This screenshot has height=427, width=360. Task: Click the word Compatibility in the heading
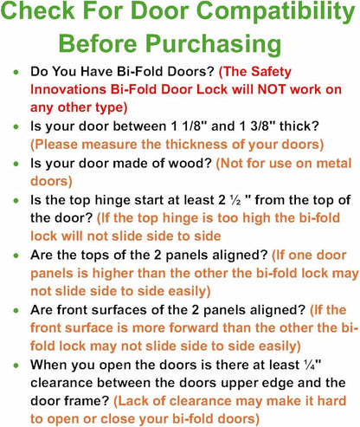pyautogui.click(x=276, y=11)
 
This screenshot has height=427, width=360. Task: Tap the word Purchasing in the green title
pyautogui.click(x=213, y=44)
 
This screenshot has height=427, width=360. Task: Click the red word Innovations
pyautogui.click(x=68, y=89)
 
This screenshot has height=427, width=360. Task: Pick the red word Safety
pyautogui.click(x=271, y=72)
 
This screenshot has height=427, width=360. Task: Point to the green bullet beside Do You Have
pyautogui.click(x=16, y=72)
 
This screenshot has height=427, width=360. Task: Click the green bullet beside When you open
pyautogui.click(x=16, y=366)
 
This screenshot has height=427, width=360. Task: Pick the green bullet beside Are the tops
pyautogui.click(x=16, y=256)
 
